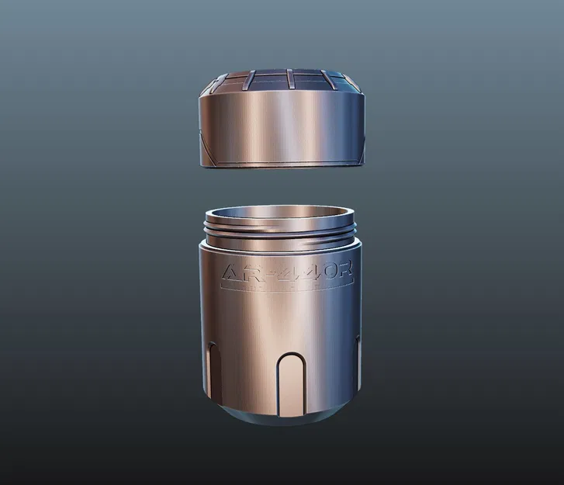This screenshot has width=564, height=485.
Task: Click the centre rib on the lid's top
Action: pyautogui.click(x=288, y=80)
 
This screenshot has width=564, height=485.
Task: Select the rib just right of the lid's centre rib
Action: pyautogui.click(x=324, y=80)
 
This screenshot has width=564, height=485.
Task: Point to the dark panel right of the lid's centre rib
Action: pyautogui.click(x=306, y=80)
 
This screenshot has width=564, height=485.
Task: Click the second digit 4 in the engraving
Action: pyautogui.click(x=299, y=274)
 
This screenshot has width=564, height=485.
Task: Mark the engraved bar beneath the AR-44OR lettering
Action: pyautogui.click(x=287, y=289)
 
